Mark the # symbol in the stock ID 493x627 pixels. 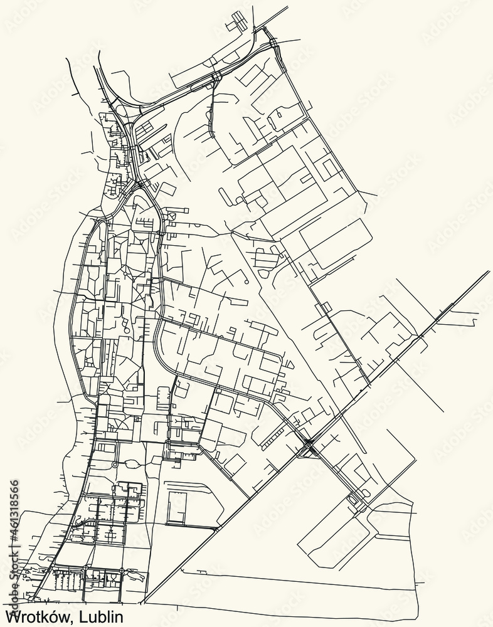coord(14,535)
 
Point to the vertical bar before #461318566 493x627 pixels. coord(14,542)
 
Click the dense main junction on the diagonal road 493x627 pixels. coord(309,446)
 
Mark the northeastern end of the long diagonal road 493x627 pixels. coord(488,272)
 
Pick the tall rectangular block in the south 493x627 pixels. coord(176,508)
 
